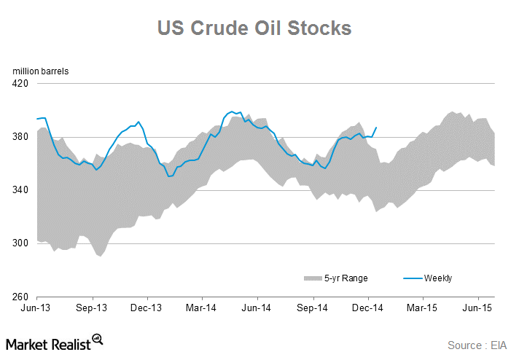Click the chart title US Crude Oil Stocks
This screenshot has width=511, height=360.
click(x=255, y=28)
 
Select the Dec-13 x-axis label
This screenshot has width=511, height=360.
click(x=147, y=308)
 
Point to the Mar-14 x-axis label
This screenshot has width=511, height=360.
click(x=203, y=308)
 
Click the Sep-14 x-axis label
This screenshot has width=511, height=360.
click(x=313, y=308)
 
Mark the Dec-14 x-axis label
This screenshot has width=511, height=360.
click(x=367, y=308)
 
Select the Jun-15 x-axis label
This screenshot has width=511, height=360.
click(x=477, y=308)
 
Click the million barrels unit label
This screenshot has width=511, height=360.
click(x=40, y=71)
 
